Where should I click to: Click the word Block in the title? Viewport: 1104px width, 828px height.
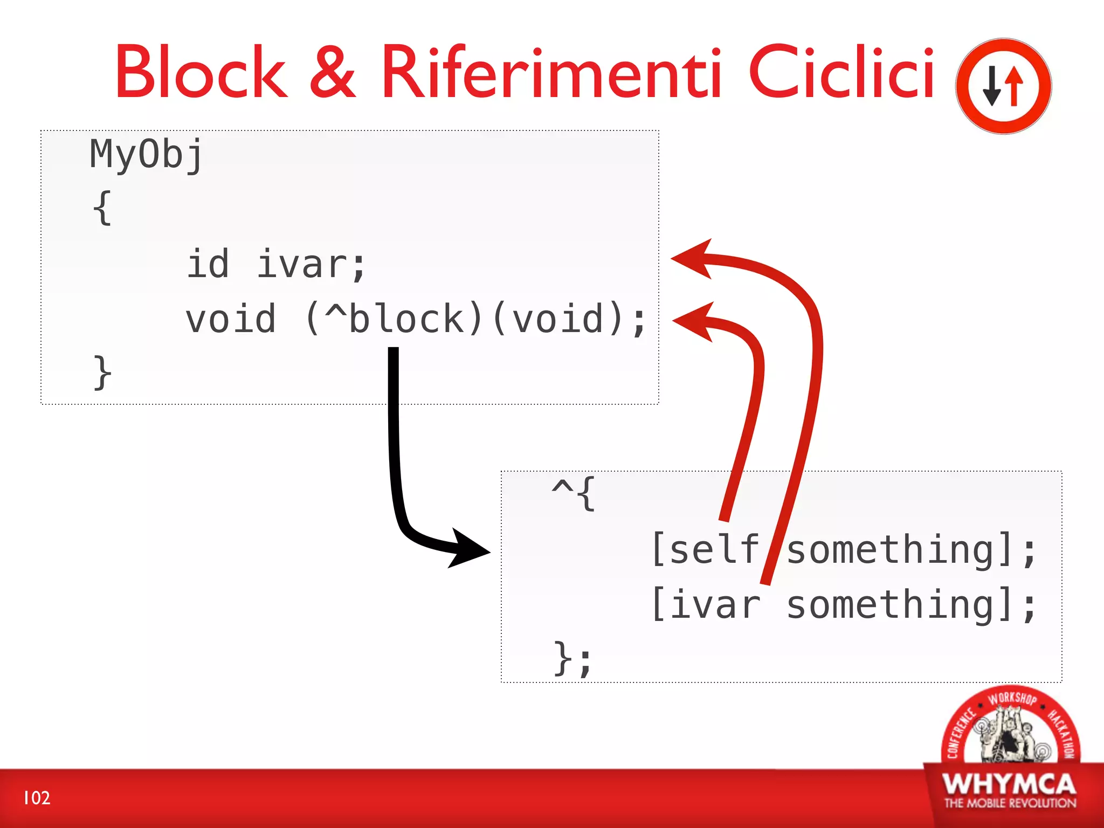[201, 72]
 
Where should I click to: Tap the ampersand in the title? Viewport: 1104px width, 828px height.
[333, 72]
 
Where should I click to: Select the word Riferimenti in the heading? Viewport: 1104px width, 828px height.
[551, 72]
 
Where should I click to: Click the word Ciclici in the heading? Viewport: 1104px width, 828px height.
[841, 72]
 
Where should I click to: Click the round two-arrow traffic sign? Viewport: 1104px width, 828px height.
[1003, 86]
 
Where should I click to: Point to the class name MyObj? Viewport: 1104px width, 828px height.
[146, 155]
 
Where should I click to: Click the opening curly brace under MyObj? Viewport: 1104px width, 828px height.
[102, 208]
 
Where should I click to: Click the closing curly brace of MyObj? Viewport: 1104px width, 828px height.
[102, 372]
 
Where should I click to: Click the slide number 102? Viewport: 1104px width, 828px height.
[37, 798]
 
